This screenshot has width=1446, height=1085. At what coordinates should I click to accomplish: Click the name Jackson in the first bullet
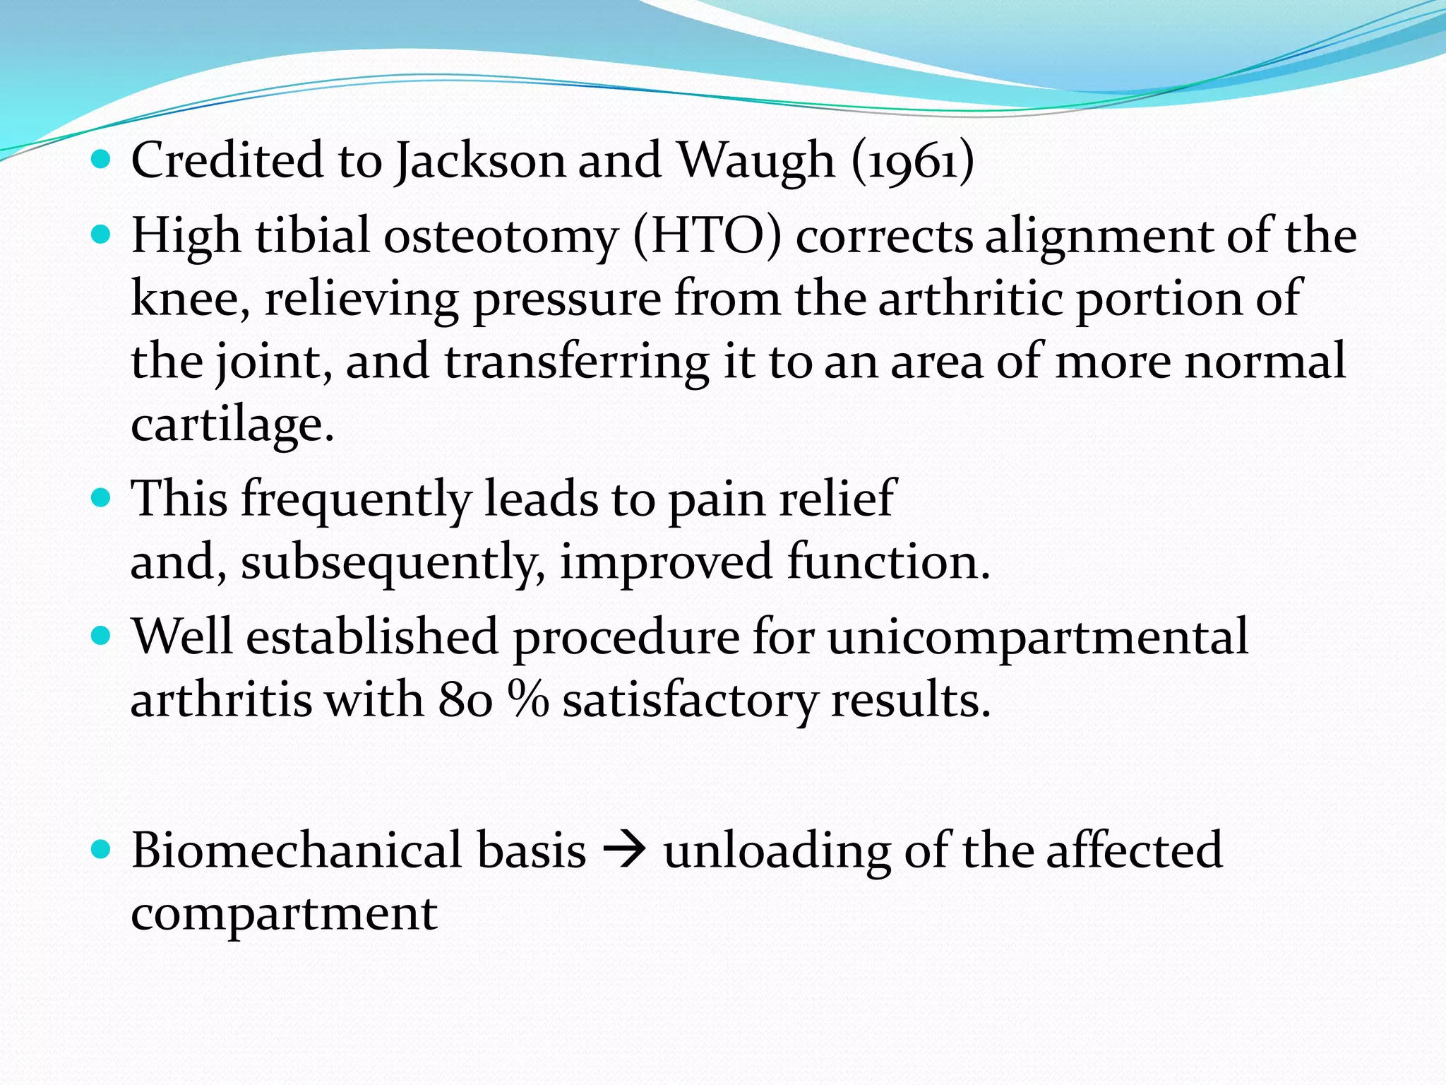[x=480, y=161]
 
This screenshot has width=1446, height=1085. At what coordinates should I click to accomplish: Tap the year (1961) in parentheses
[x=912, y=161]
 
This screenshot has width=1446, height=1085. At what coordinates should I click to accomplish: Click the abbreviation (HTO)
[x=707, y=236]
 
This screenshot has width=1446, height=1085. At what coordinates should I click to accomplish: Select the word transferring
[x=577, y=361]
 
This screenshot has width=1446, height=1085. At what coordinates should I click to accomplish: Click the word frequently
[x=356, y=499]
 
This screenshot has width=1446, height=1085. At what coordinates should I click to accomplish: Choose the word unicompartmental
[x=1037, y=636]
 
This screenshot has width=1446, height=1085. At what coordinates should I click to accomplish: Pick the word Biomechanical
[x=358, y=850]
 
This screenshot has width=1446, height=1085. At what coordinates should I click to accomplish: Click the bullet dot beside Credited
[x=102, y=160]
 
